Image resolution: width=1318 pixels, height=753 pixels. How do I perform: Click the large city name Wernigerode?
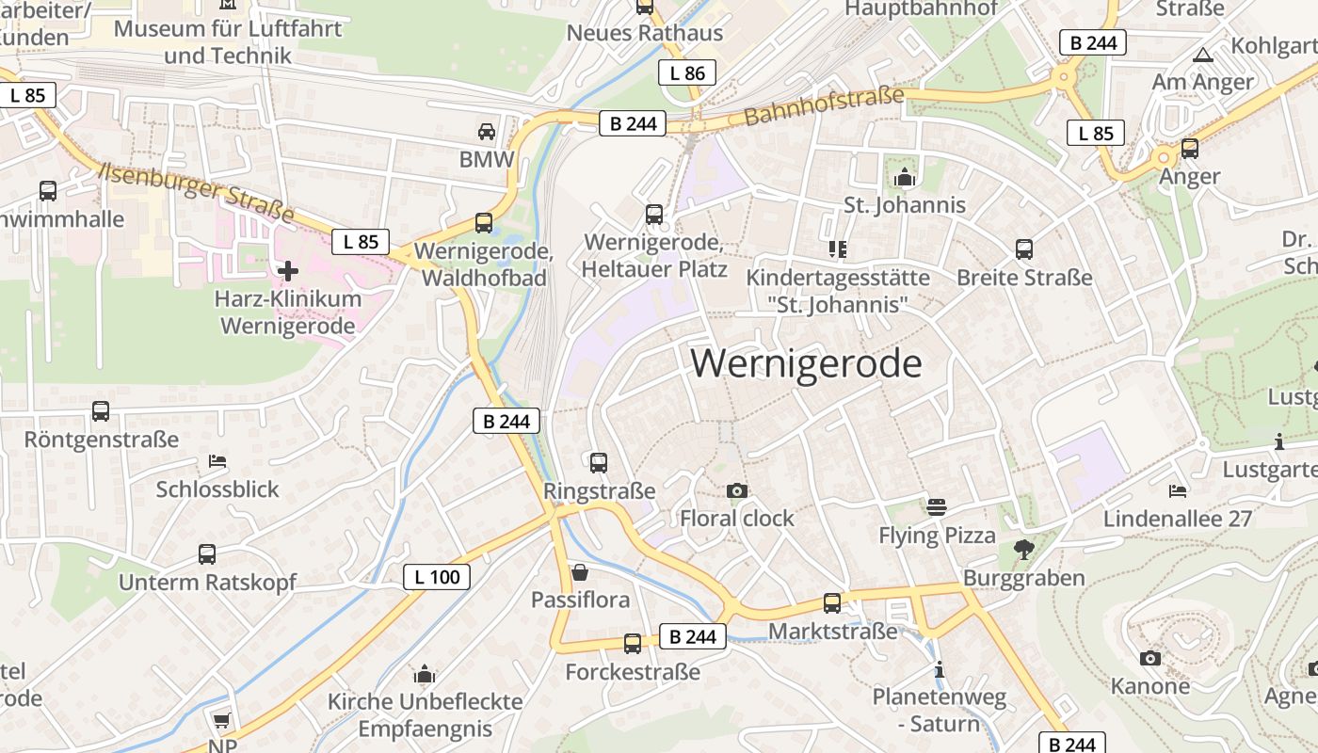click(x=806, y=363)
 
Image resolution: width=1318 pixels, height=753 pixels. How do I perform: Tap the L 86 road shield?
click(x=687, y=72)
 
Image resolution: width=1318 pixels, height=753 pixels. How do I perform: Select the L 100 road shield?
click(x=437, y=576)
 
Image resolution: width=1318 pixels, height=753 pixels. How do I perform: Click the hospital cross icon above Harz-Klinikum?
click(x=288, y=272)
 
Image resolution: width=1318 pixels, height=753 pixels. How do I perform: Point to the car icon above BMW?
click(x=487, y=131)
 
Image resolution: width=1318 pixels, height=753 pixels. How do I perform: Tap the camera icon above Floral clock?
click(x=737, y=490)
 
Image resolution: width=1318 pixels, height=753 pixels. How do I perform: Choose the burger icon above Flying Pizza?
click(x=937, y=507)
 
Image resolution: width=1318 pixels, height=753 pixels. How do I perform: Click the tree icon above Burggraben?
click(x=1023, y=549)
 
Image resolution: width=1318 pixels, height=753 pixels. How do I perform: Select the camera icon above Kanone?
click(x=1149, y=658)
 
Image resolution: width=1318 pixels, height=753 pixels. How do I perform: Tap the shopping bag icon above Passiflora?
click(x=580, y=572)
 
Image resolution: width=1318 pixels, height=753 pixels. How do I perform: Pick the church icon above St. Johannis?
click(x=905, y=176)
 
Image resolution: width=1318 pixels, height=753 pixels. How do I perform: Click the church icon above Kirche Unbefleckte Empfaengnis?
click(x=425, y=674)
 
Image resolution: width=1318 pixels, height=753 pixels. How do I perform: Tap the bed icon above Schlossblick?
click(x=217, y=461)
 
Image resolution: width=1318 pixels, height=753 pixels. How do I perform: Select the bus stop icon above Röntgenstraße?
click(x=101, y=411)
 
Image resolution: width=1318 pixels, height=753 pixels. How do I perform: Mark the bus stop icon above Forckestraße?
click(x=633, y=644)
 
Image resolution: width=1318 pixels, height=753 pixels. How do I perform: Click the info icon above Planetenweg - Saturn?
click(x=939, y=670)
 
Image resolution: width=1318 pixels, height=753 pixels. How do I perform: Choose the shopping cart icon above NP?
click(x=221, y=721)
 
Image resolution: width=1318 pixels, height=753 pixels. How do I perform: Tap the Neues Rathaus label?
click(x=645, y=33)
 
